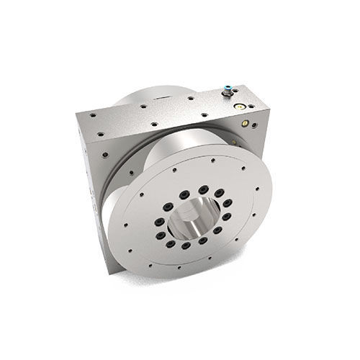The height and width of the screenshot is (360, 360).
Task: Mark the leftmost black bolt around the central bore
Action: tap(153, 225)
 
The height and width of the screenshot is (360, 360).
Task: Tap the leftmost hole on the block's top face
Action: tap(81, 114)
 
